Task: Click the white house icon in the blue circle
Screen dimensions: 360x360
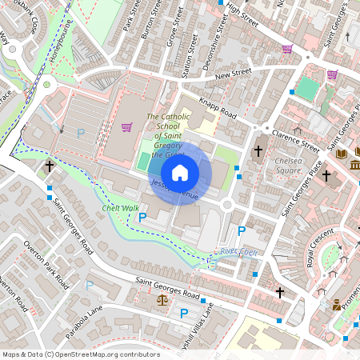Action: tap(180, 173)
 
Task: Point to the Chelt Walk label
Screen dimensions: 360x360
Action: tap(120, 208)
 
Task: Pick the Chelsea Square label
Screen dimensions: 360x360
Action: tap(289, 166)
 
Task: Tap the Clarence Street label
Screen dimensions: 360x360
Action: tap(295, 140)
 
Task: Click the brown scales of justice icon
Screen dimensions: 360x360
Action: tap(163, 301)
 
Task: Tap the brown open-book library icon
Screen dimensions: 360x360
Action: tap(342, 154)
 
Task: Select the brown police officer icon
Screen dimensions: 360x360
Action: tap(337, 305)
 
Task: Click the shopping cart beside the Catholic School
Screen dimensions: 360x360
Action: tap(126, 126)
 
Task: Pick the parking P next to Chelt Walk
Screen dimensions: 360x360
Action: tap(143, 217)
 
